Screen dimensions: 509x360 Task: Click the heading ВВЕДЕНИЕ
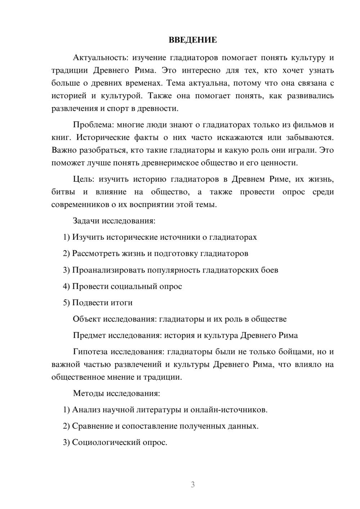tap(193, 40)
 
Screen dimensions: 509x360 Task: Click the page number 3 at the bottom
tap(193, 485)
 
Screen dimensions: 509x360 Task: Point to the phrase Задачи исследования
tap(114, 221)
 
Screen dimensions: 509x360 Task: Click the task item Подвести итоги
tap(102, 303)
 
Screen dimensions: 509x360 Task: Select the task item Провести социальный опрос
tap(127, 287)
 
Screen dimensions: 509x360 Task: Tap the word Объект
tap(86, 319)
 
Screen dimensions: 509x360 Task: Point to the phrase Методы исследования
tap(116, 393)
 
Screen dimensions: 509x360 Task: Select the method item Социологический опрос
tap(120, 442)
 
